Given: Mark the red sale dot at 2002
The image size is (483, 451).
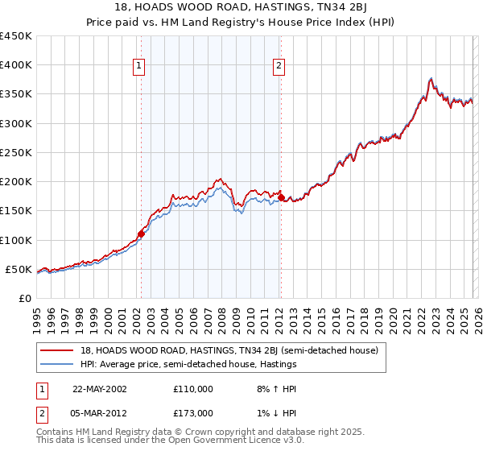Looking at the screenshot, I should point(142,234).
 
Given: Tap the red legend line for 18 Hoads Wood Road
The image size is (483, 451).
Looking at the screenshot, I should point(58,350).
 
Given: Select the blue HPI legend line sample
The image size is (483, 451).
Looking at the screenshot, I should point(58,364).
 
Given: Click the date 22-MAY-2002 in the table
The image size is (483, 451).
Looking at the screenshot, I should point(99,388).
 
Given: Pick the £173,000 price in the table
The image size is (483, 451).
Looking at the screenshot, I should point(194,412).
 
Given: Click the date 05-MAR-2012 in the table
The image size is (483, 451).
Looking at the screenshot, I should point(100,412).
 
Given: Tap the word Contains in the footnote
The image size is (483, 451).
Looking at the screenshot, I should point(57,433).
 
